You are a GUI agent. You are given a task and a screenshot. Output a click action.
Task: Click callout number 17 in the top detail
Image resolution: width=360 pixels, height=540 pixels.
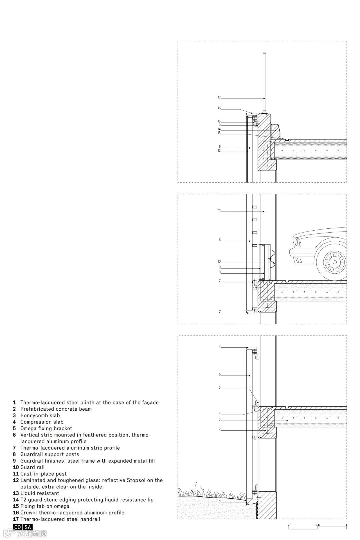tap(219, 97)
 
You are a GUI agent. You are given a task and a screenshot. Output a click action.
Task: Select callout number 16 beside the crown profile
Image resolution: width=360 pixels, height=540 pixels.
tap(219, 108)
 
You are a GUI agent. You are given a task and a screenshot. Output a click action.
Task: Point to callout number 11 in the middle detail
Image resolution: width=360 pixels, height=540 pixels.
tap(219, 210)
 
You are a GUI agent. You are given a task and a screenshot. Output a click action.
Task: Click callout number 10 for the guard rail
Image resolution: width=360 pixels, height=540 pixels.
tap(219, 262)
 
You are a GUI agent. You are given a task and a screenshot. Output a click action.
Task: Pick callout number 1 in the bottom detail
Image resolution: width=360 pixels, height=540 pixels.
tap(220, 501)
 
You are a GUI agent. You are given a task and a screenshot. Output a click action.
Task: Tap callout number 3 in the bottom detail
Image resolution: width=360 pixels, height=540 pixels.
tap(220, 419)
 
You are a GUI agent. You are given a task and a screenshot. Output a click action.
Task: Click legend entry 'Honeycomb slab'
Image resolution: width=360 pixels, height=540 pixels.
tap(40, 415)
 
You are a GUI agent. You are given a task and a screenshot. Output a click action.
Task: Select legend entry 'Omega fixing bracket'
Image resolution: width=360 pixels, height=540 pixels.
tap(46, 428)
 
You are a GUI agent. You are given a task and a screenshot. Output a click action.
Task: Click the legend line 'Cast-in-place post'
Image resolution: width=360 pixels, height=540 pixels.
tap(43, 474)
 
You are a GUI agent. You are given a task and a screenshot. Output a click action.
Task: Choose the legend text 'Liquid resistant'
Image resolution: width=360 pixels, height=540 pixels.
tap(40, 493)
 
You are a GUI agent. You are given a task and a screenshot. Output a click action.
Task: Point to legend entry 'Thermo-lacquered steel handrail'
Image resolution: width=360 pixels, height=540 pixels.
tap(60, 519)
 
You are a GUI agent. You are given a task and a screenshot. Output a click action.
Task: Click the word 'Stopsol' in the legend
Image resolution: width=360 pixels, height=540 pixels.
tap(136, 480)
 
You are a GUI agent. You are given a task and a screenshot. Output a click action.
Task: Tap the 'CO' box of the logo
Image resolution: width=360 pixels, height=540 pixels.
tap(18, 527)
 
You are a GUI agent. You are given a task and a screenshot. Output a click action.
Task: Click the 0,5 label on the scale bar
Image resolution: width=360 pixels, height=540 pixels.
tap(318, 525)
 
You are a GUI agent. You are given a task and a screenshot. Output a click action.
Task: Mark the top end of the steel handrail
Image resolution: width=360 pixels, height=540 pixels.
tap(264, 54)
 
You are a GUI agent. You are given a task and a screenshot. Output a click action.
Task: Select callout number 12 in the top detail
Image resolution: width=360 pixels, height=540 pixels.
tap(219, 151)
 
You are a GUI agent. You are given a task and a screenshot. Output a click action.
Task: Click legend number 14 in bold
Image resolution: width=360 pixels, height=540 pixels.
tap(16, 500)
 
